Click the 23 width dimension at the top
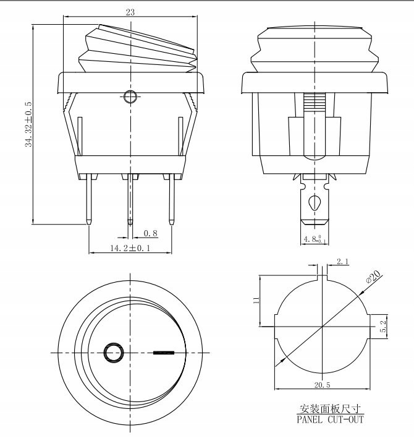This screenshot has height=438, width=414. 130,12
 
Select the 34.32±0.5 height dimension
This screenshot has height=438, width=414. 28,124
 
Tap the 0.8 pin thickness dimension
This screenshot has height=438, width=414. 150,233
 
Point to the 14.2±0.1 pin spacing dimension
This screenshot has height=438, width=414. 130,248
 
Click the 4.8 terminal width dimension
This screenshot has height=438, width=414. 315,239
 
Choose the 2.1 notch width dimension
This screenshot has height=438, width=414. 342,262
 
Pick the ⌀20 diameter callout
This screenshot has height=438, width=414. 373,277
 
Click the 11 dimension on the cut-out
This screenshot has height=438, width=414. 256,300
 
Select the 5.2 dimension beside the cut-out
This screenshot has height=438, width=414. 383,326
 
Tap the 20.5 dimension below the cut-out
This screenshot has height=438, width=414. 322,385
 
